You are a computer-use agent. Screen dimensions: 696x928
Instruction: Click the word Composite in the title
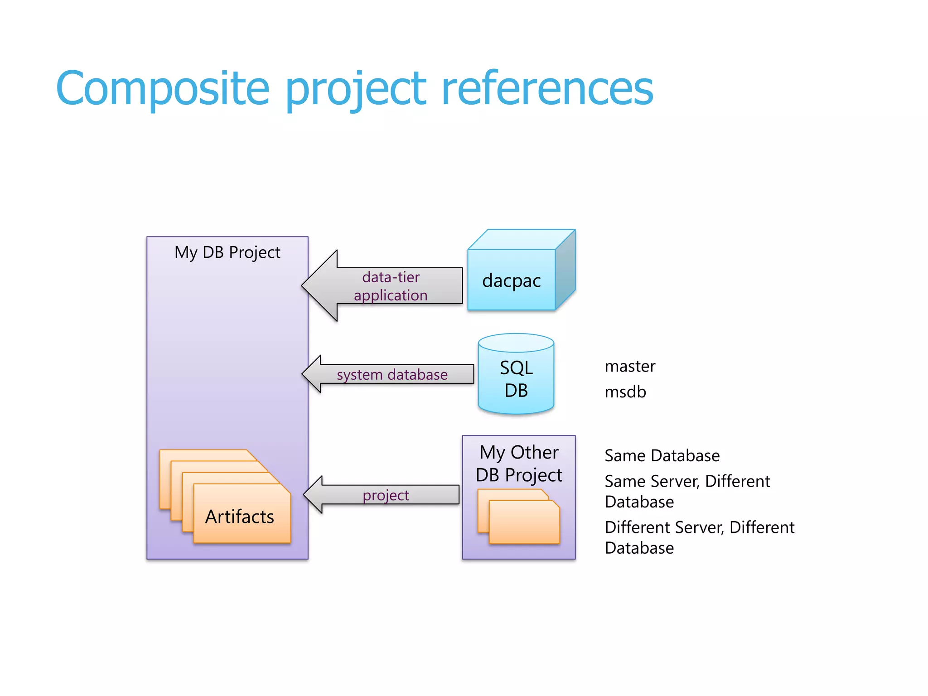pos(163,88)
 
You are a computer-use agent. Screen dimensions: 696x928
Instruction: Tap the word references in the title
pos(547,88)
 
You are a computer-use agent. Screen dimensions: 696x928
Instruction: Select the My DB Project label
pos(227,252)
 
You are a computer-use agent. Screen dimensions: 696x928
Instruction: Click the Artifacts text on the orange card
pos(240,517)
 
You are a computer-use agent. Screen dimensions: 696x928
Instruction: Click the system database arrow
pos(391,375)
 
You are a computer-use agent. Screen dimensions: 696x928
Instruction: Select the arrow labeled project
pos(386,495)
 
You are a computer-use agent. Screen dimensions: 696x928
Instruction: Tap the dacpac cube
pos(511,280)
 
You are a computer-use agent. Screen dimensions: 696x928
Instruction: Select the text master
pos(630,366)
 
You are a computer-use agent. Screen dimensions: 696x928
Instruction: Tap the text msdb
pos(625,392)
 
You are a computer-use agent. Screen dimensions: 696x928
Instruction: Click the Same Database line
pos(662,455)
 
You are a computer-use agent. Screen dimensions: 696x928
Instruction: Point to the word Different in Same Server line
pos(737,481)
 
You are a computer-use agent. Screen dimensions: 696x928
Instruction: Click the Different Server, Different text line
pos(699,527)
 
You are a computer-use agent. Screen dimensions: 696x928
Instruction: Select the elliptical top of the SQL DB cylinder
pos(516,343)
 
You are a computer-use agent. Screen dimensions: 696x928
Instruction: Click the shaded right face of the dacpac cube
pos(565,270)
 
